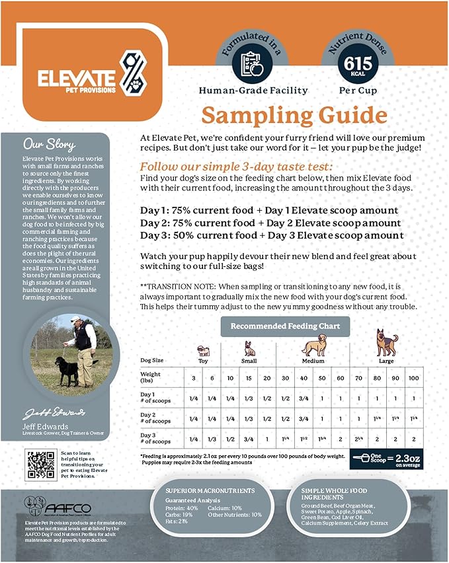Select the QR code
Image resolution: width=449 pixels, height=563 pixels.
[x=40, y=465]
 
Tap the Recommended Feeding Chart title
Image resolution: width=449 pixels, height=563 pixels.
[x=285, y=326]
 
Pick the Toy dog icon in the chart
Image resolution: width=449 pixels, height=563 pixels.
[x=204, y=350]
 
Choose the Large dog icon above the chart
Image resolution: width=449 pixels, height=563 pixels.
[x=386, y=343]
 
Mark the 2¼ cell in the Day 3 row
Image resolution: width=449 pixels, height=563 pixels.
[x=358, y=438]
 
